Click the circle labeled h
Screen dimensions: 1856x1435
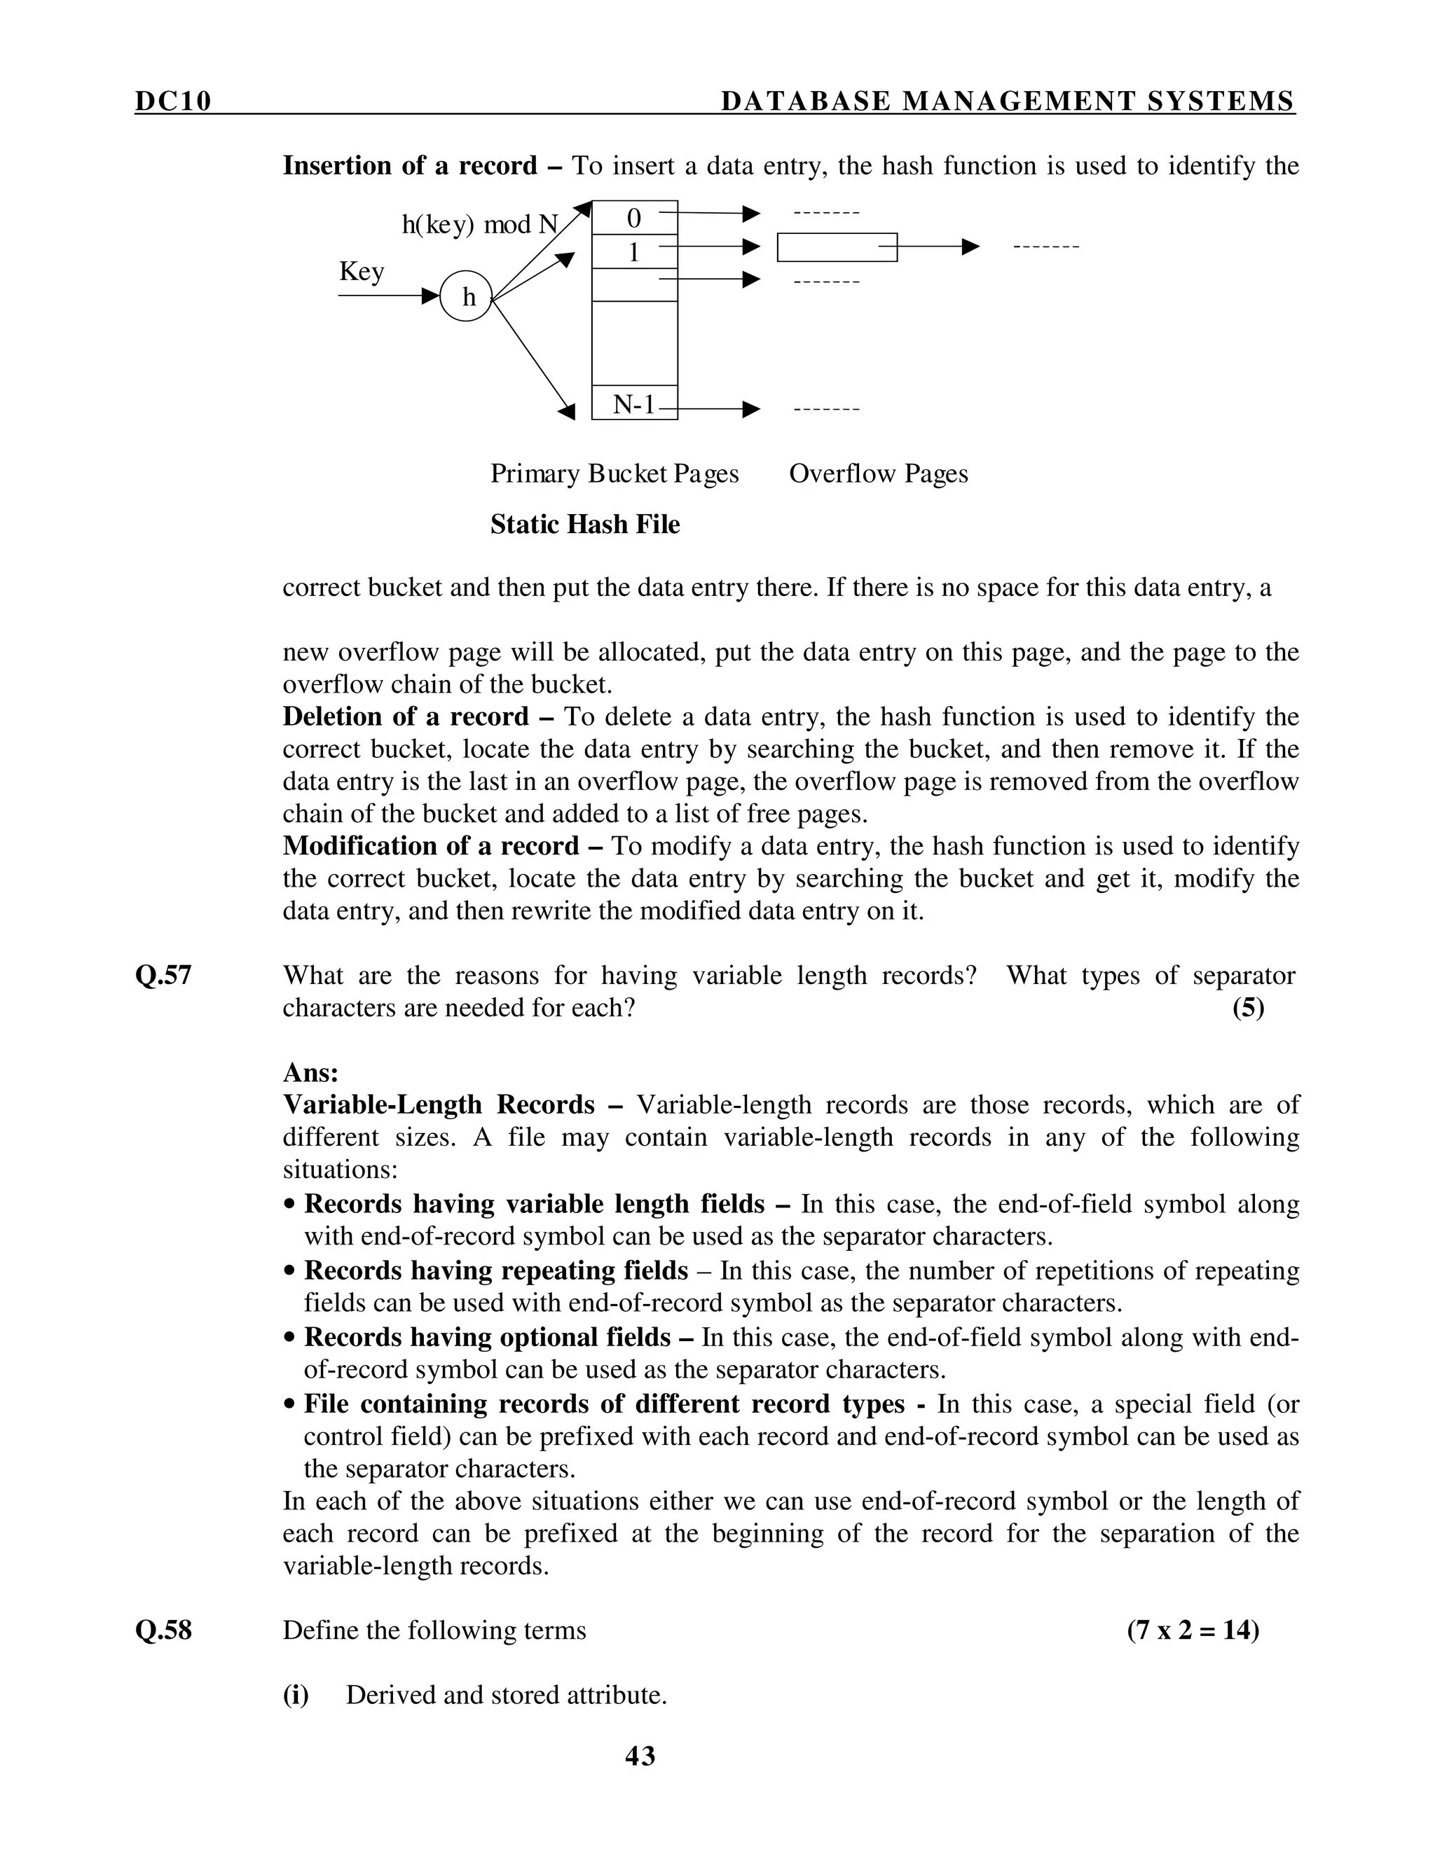(x=466, y=296)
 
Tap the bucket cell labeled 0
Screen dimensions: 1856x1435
(x=634, y=218)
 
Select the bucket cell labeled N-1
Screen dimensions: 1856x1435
(x=634, y=403)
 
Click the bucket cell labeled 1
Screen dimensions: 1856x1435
(x=634, y=252)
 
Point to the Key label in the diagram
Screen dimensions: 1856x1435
(x=362, y=271)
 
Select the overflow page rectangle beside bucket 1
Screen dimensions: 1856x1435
(x=837, y=247)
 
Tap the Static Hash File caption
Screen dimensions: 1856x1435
(x=585, y=525)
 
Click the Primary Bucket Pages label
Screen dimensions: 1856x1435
(x=614, y=473)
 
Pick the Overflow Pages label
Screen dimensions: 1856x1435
(x=878, y=473)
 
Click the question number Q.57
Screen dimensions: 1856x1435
(x=163, y=975)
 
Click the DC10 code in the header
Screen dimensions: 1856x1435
(x=172, y=101)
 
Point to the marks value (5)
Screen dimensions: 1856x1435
(x=1248, y=1008)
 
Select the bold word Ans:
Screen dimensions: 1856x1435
(x=310, y=1072)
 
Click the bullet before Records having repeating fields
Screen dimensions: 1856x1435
(x=291, y=1272)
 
